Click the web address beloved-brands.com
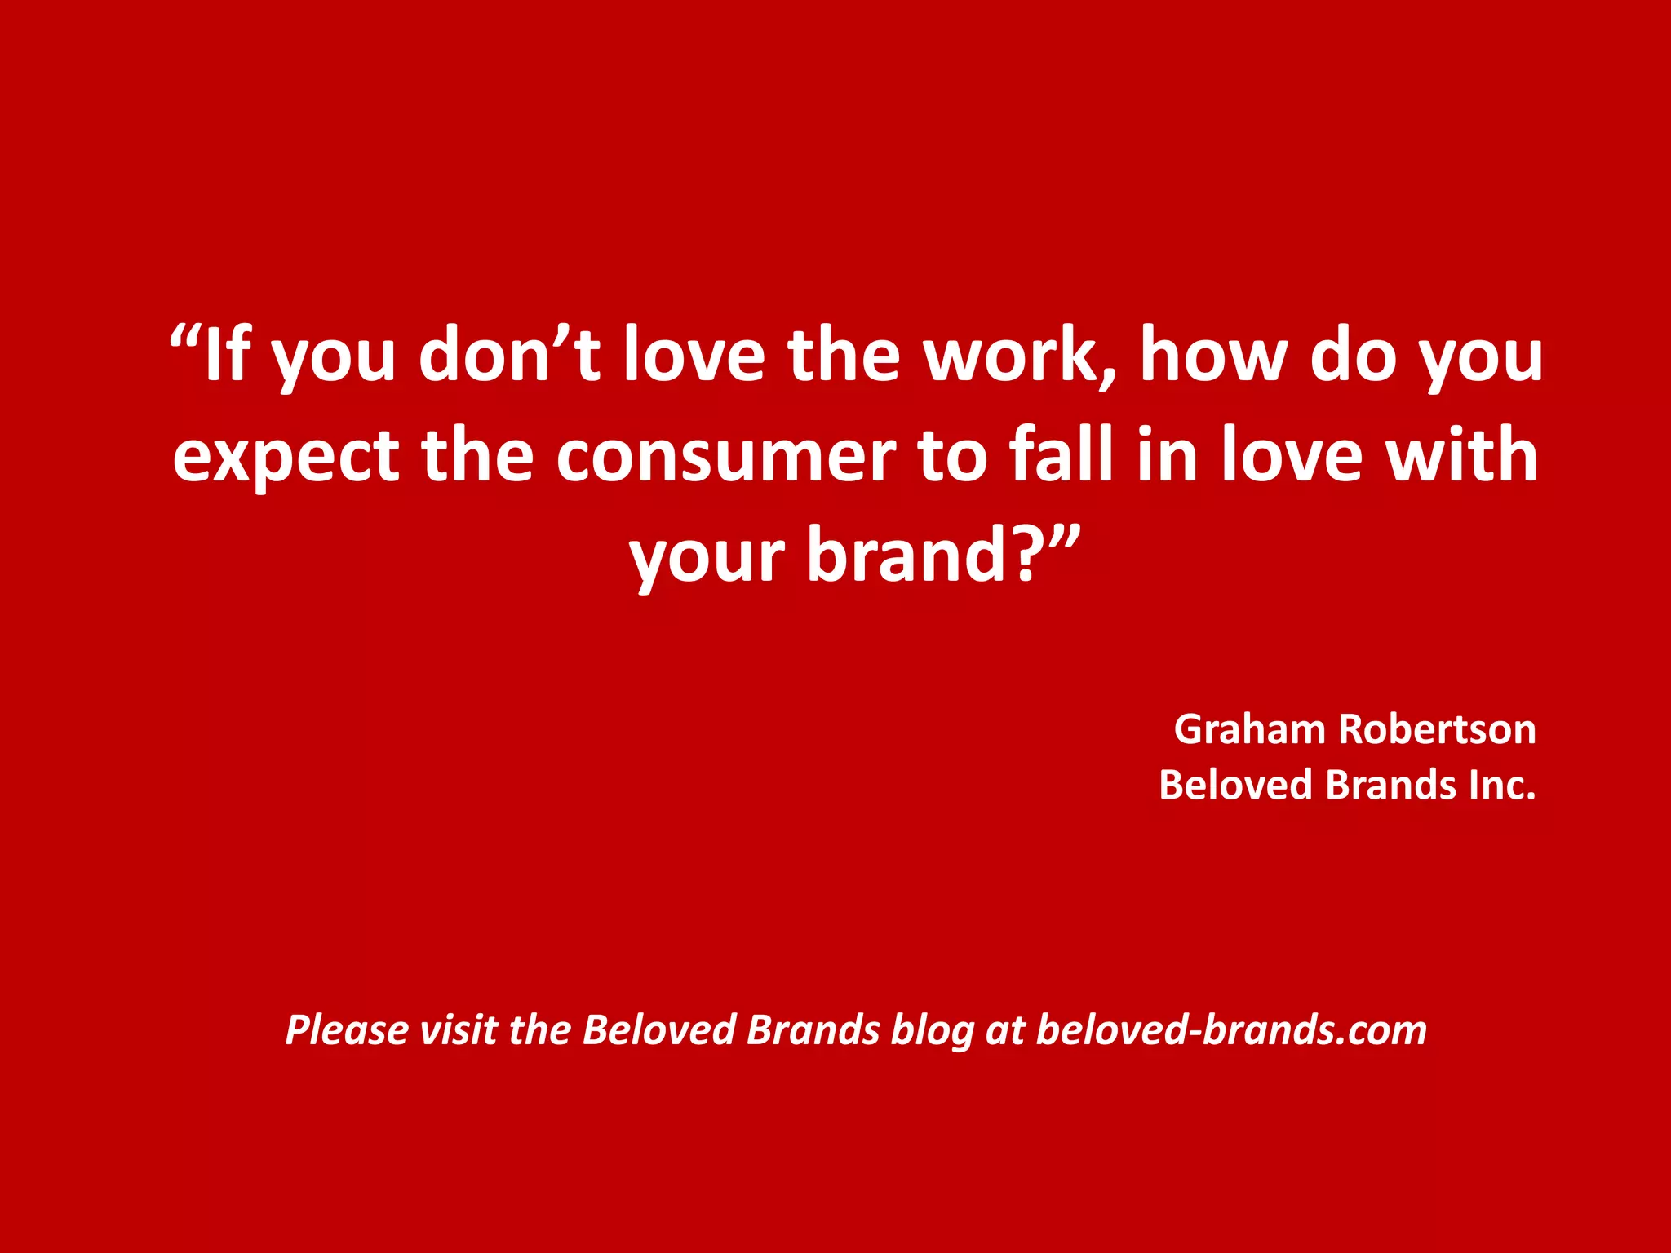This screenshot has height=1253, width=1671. point(1231,1029)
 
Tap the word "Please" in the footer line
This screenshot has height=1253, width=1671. point(347,1029)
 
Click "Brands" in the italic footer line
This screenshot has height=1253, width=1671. point(813,1029)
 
